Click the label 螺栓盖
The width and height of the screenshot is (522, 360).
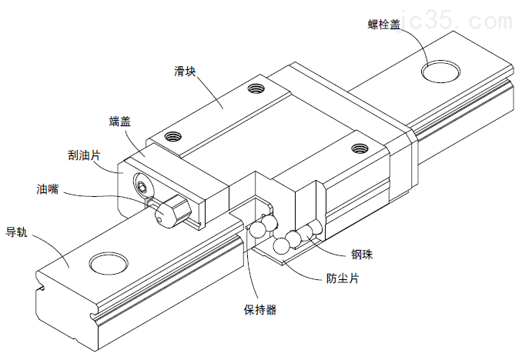(383, 25)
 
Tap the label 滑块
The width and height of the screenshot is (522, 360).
(186, 72)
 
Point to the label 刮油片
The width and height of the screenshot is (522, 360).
(85, 155)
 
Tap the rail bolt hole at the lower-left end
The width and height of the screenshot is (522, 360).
(111, 262)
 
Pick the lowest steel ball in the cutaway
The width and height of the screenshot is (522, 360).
(283, 245)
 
